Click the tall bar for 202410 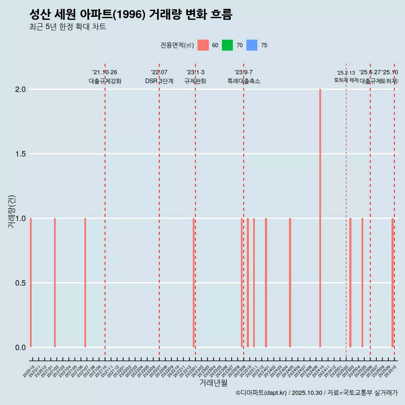pyautogui.click(x=320, y=218)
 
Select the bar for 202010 pyautogui.click(x=31, y=283)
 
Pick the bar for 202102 pyautogui.click(x=55, y=283)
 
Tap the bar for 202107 pyautogui.click(x=85, y=283)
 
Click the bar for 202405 pyautogui.click(x=290, y=283)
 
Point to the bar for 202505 pyautogui.click(x=362, y=283)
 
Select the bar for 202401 pyautogui.click(x=266, y=283)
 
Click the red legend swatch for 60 pyautogui.click(x=203, y=45)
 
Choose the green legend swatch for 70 pyautogui.click(x=227, y=45)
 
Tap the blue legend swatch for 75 pyautogui.click(x=251, y=45)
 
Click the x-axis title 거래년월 pyautogui.click(x=213, y=383)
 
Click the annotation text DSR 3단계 pyautogui.click(x=159, y=81)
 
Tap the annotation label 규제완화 pyautogui.click(x=195, y=81)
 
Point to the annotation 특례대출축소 pyautogui.click(x=243, y=81)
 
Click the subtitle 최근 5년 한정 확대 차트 pyautogui.click(x=67, y=27)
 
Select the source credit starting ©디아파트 pyautogui.click(x=316, y=393)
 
